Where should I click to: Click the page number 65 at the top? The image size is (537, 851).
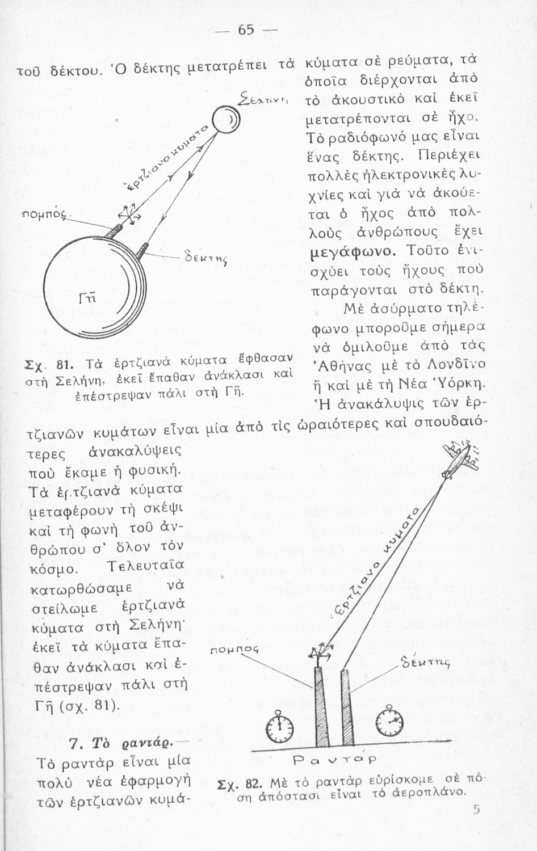pos(246,30)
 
